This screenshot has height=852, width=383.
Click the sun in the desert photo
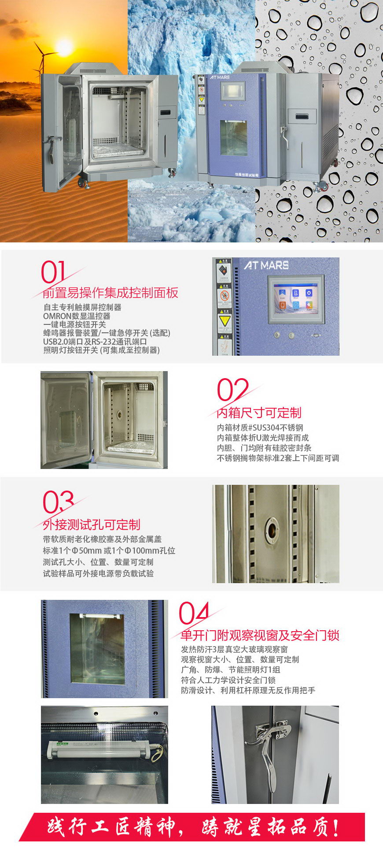65,48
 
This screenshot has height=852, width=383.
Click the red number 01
53,272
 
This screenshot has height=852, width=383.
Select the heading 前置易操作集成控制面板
110,293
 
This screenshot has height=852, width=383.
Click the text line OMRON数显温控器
77,316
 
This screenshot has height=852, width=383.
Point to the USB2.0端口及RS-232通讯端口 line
95,342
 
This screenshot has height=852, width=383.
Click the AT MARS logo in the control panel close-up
267,265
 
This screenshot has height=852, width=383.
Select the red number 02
232,390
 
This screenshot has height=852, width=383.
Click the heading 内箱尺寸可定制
259,413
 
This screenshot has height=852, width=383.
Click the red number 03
58,502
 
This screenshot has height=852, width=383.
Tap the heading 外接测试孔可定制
92,525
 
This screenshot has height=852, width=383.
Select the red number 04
194,613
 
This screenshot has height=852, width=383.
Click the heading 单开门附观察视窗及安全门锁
260,635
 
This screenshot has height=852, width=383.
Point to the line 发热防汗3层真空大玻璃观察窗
234,649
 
